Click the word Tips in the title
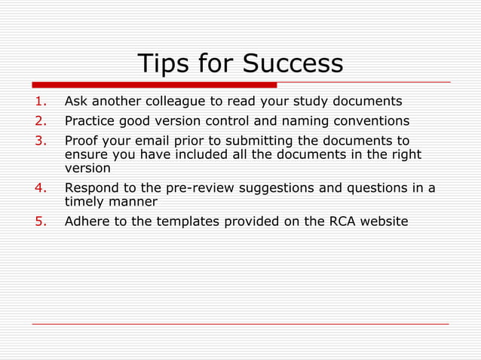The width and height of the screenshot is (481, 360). [161, 64]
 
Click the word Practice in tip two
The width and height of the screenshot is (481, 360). [91, 121]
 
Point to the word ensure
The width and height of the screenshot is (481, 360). [86, 155]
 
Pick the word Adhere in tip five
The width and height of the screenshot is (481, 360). [87, 221]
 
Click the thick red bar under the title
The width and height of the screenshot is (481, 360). [154, 84]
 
